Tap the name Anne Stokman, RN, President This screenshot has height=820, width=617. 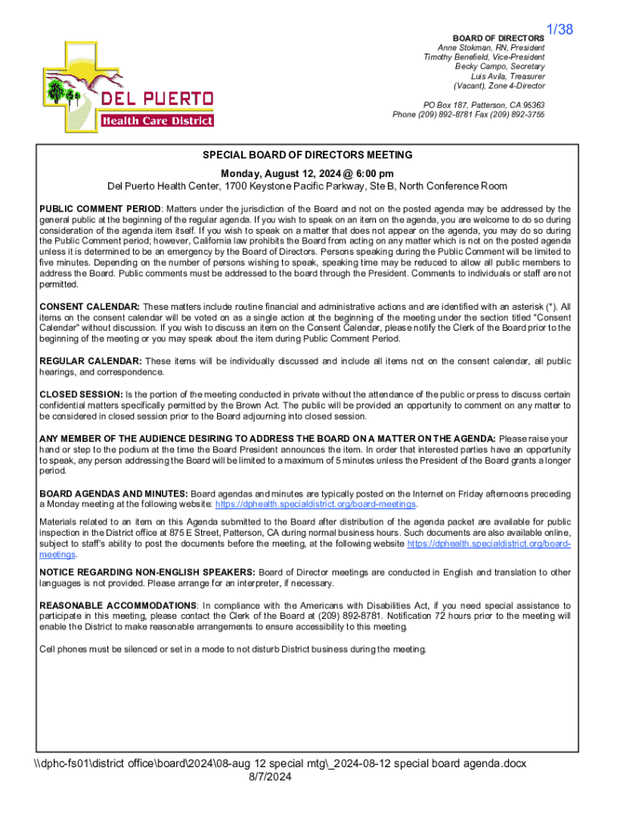point(491,47)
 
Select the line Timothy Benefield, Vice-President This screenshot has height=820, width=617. point(484,57)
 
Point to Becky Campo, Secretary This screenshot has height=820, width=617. point(500,66)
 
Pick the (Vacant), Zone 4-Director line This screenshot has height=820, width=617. point(499,86)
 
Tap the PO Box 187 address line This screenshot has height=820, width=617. point(484,105)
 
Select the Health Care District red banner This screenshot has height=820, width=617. point(157,121)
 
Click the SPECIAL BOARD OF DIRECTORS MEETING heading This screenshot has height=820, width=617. point(308,155)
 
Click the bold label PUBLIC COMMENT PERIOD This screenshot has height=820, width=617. point(100,209)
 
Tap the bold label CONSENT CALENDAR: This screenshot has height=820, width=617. point(90,307)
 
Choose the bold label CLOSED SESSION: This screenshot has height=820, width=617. point(81,394)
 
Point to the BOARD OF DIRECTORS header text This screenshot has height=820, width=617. point(498,38)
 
